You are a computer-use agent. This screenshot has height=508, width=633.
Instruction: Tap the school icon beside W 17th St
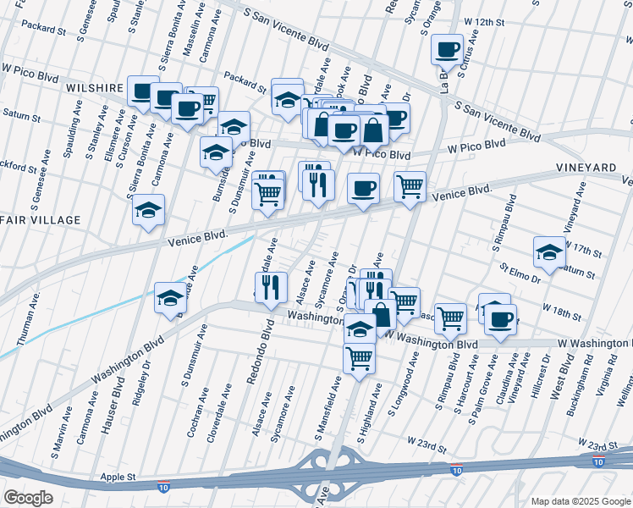[x=549, y=251]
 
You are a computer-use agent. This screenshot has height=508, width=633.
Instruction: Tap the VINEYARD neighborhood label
[x=586, y=168]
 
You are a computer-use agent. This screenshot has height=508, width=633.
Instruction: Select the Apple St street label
[x=119, y=478]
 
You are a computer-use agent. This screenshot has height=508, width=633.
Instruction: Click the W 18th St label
[x=561, y=312]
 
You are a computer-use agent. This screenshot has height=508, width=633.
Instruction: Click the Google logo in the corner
[x=29, y=498]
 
